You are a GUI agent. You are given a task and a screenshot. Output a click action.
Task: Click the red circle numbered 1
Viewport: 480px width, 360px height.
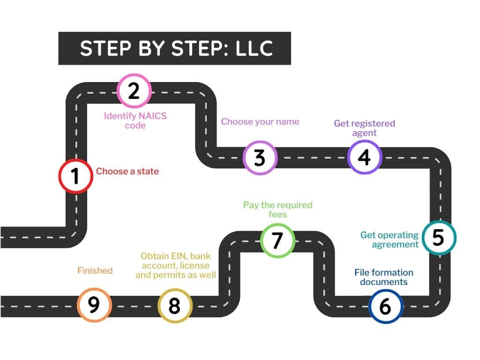tap(75, 176)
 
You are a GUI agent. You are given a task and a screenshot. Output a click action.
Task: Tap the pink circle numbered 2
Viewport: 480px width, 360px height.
tap(134, 90)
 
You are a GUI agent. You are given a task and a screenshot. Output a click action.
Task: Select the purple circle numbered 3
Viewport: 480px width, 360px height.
tap(260, 158)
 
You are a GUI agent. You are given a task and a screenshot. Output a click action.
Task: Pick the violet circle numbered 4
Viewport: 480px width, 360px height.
tap(365, 157)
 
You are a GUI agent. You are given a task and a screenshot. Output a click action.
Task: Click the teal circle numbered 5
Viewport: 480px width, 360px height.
tap(438, 238)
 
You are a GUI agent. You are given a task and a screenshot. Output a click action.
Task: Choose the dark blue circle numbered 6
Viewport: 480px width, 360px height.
tap(385, 307)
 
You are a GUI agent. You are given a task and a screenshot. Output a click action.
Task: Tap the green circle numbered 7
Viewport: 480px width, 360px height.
tap(277, 240)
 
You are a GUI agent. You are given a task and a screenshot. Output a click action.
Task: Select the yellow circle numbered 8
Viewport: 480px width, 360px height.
tap(174, 306)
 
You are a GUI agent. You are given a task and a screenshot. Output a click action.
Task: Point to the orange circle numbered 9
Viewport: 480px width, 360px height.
tap(94, 304)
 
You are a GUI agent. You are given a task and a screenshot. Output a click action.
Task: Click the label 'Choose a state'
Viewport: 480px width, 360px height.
tap(127, 172)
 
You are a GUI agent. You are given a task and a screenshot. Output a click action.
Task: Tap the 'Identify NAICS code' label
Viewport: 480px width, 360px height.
tap(135, 120)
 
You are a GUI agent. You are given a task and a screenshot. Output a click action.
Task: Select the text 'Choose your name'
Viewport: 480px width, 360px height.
tap(260, 122)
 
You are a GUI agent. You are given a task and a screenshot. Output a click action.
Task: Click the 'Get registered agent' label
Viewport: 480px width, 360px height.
tap(364, 128)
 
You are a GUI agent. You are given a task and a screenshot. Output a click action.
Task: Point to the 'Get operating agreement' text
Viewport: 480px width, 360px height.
tap(389, 240)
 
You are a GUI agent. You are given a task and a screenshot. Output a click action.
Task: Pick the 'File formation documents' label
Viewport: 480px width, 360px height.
tap(383, 277)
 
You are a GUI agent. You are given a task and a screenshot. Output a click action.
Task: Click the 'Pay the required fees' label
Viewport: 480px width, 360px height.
tap(277, 210)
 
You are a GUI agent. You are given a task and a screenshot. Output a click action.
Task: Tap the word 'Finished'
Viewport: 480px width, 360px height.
tap(95, 270)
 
